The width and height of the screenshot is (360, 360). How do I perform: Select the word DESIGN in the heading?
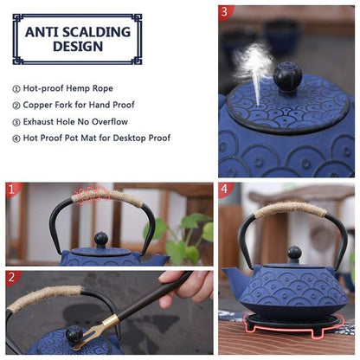pos(78,48)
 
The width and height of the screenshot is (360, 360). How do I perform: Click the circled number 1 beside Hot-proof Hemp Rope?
pos(16,88)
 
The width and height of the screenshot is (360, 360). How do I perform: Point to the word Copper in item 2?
pos(39,105)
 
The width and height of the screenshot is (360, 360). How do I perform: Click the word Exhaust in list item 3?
pos(41,121)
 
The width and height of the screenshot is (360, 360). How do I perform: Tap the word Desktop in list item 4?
pos(129,138)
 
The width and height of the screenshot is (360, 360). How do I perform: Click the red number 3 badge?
pos(227,12)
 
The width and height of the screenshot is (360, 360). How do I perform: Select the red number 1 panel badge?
pos(12,189)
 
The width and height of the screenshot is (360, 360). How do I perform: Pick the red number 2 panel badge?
pos(12,278)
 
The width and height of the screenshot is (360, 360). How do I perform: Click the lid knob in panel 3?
pos(287,77)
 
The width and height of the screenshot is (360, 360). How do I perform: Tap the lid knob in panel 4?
pos(294,254)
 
